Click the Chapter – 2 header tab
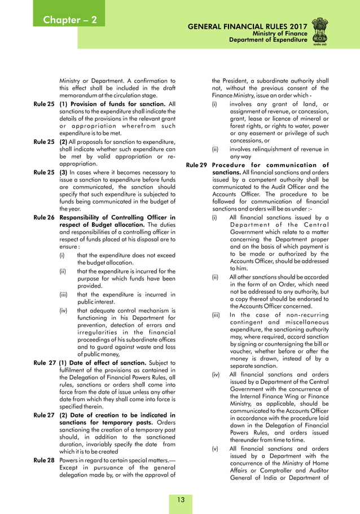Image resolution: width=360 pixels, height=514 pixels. point(70,20)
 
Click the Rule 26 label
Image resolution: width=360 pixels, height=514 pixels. point(44,217)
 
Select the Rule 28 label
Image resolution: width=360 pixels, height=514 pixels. point(44,460)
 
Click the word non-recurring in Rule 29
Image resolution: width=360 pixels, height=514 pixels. point(302,314)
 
